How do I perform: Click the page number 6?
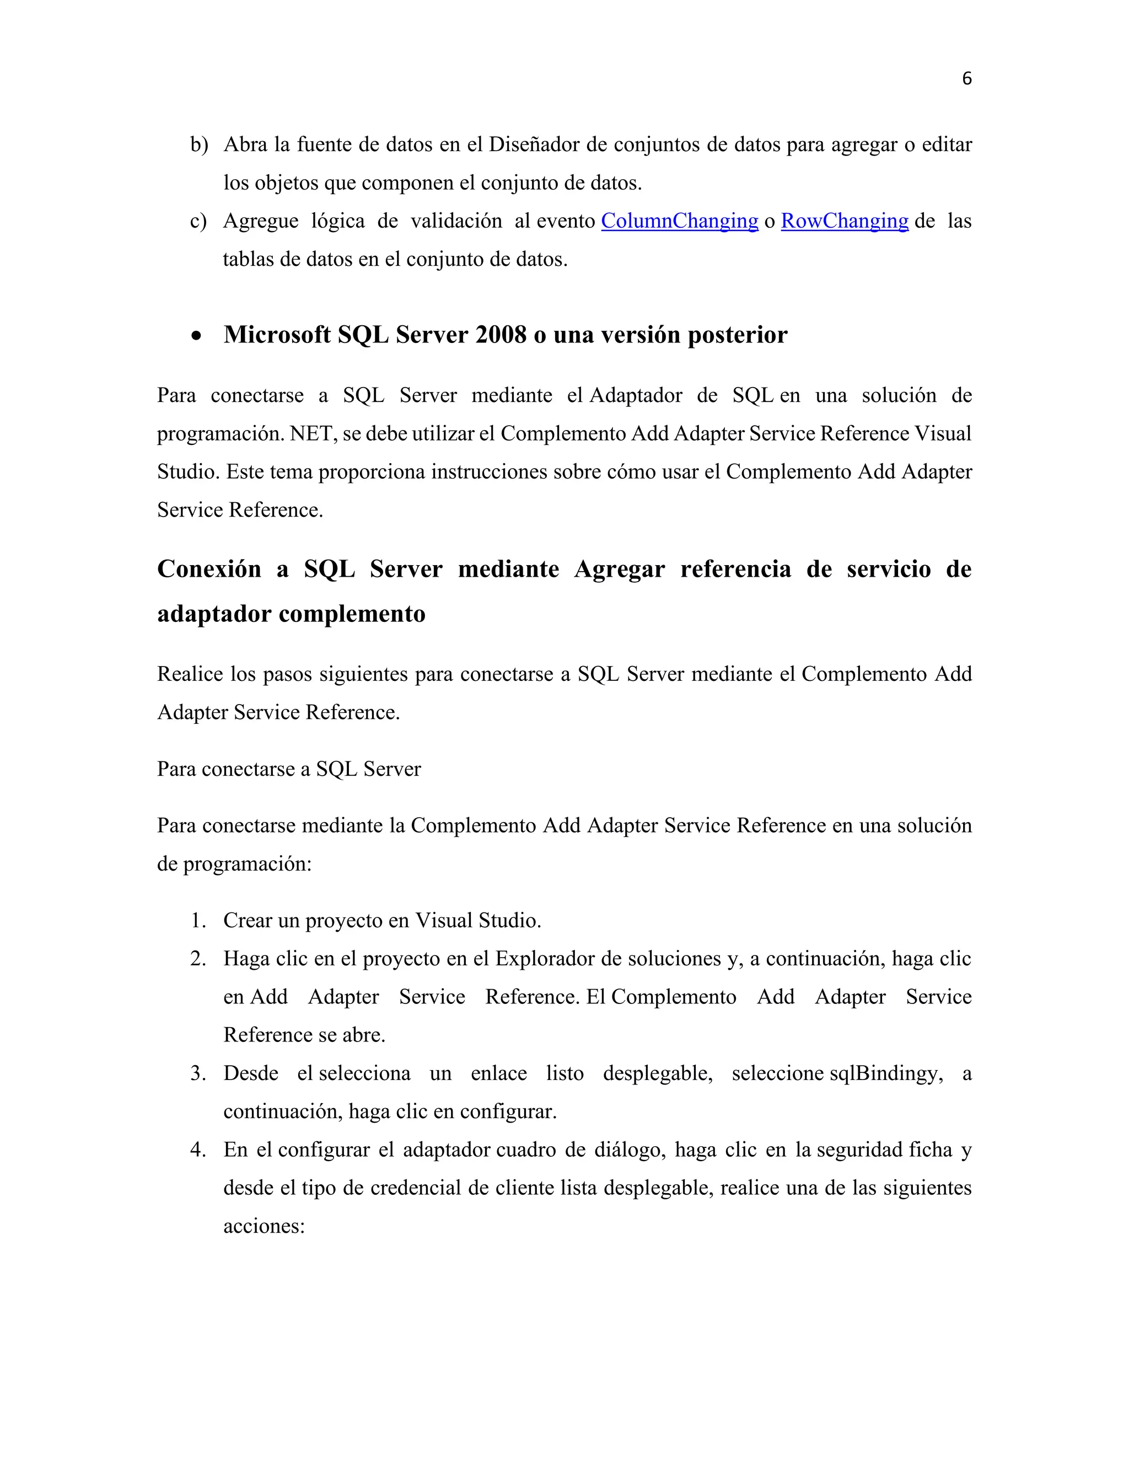[x=966, y=79]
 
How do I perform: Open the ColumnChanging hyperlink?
[x=680, y=221]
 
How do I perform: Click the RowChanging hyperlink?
[x=844, y=221]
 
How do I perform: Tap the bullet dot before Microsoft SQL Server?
[x=196, y=336]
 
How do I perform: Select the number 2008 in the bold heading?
[x=501, y=335]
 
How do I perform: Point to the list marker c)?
[x=198, y=221]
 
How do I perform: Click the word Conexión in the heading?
[x=209, y=570]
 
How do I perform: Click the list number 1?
[x=198, y=921]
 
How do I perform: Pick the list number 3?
[x=198, y=1073]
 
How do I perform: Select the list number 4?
[x=198, y=1150]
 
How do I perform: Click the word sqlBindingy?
[x=885, y=1073]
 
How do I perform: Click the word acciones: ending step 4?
[x=264, y=1226]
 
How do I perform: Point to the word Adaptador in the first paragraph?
[x=636, y=395]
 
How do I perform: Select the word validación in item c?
[x=456, y=221]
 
